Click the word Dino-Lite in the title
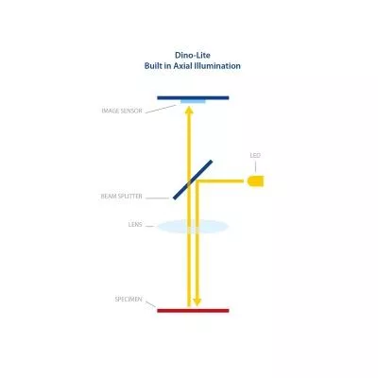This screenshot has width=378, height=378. point(193,55)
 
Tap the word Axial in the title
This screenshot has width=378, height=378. point(182,66)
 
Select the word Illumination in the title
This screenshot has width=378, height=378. point(217,66)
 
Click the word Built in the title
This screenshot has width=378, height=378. point(154,66)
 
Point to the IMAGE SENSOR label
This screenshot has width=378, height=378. point(122,111)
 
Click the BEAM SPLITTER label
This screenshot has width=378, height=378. point(121,197)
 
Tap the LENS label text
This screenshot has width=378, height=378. point(135,225)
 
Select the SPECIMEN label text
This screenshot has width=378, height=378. point(129,300)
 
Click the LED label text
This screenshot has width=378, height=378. point(255,155)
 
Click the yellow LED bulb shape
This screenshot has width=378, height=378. point(256,181)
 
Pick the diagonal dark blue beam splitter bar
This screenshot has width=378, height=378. point(193,180)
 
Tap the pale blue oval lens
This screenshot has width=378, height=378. point(193,227)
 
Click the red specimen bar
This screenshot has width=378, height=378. point(193,311)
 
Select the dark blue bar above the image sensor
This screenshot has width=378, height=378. point(193,97)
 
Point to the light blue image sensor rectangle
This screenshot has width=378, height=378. point(193,101)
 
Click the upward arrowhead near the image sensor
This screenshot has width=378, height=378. point(189,111)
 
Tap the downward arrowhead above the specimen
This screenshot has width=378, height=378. point(198,302)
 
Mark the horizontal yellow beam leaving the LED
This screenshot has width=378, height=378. point(220,181)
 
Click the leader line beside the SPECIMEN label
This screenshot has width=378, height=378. point(150,304)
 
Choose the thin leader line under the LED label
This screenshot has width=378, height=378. point(255,166)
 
